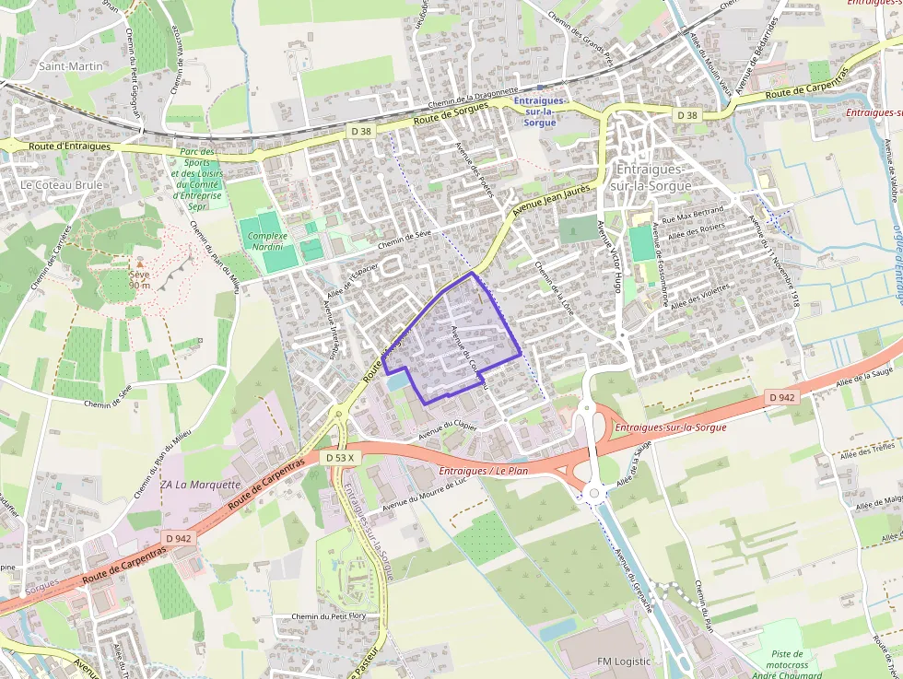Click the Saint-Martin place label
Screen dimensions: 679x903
pos(71,66)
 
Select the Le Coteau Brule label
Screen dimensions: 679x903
pos(62,184)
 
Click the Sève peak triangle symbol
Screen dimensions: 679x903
pos(140,263)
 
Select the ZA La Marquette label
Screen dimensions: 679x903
pos(200,484)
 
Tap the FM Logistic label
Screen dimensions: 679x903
pos(624,661)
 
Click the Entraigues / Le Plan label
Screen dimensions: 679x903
pos(484,472)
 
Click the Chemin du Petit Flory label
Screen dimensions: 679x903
pos(328,616)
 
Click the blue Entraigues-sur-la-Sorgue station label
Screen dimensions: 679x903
pos(536,111)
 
